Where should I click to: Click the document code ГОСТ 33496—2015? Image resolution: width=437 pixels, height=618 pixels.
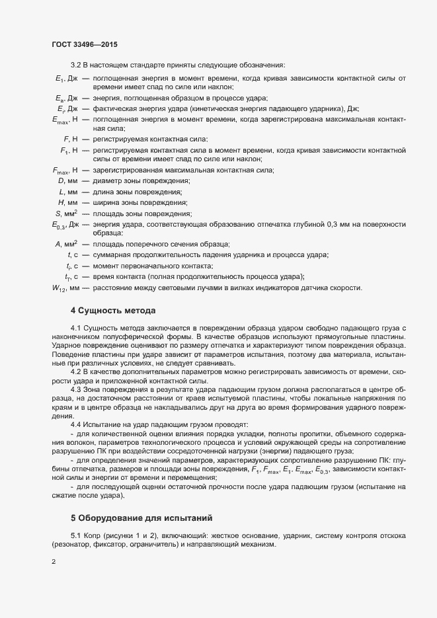pyautogui.click(x=85, y=44)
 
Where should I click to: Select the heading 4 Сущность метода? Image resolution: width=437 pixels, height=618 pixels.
pyautogui.click(x=113, y=310)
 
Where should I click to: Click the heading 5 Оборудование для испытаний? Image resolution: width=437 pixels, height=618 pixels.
pyautogui.click(x=142, y=481)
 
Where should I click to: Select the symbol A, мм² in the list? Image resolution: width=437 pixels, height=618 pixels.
pyautogui.click(x=67, y=245)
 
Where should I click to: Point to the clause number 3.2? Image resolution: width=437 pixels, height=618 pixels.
pyautogui.click(x=75, y=65)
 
